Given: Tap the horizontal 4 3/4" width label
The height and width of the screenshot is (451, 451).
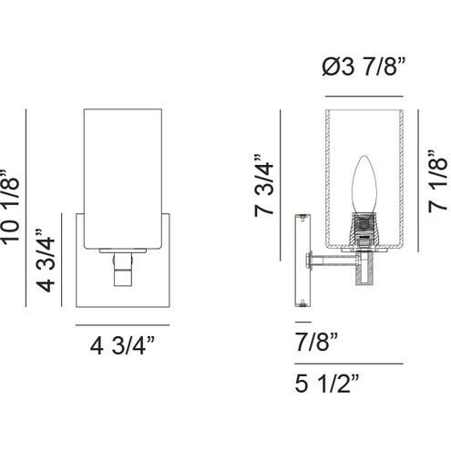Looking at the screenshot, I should [120, 346].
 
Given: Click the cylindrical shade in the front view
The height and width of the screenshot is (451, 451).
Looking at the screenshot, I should [120, 178].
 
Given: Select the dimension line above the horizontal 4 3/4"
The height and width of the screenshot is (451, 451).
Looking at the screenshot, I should [120, 327].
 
